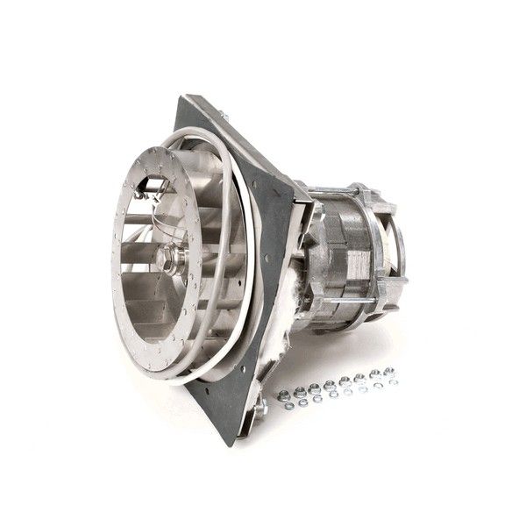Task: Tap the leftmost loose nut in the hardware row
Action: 284,394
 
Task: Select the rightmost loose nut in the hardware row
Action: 388,372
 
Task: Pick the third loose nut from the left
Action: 314,388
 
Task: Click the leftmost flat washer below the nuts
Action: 287,405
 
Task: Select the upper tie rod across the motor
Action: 342,195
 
